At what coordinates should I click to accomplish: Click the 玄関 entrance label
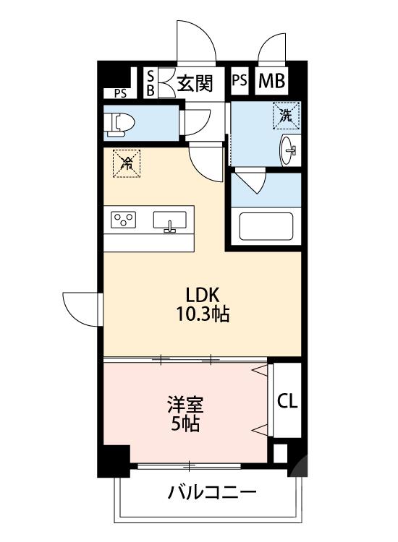pos(195,83)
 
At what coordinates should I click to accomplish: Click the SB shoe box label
pos(151,83)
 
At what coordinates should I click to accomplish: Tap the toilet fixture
pos(118,124)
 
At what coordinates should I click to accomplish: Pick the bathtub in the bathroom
pos(266,227)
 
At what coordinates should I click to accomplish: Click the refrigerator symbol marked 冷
pos(127,163)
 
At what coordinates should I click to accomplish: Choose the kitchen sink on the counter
pos(172,221)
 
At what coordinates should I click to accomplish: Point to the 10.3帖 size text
pos(202,315)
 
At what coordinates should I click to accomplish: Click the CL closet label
pos(287,400)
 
